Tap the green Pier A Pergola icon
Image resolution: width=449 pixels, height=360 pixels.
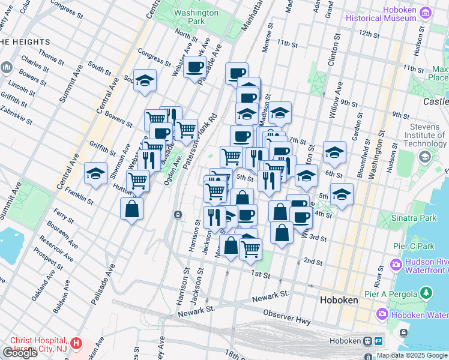(426, 293)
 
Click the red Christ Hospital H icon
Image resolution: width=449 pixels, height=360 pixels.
(76, 344)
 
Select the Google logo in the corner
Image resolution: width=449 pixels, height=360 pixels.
(20, 353)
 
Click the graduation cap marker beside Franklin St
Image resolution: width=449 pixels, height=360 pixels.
(95, 173)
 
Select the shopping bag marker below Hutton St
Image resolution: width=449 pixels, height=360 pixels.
(131, 209)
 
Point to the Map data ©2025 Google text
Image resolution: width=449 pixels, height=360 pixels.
(412, 355)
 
